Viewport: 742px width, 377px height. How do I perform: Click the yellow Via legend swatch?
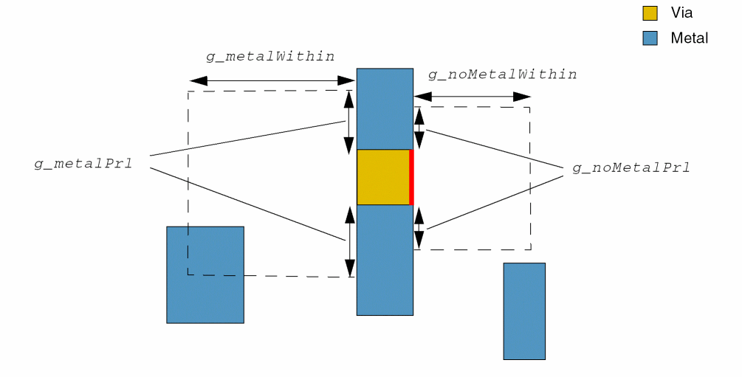650,13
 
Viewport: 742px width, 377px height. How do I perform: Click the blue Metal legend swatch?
650,38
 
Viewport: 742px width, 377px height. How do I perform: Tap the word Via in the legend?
681,13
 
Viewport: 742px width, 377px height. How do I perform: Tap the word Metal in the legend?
689,38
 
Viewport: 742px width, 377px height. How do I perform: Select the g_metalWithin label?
270,56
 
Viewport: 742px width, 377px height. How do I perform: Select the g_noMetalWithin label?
502,75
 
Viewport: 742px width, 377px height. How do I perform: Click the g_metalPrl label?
83,163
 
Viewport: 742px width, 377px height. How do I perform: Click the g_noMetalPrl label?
631,167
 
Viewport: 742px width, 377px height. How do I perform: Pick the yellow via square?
382,177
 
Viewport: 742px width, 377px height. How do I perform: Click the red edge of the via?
411,177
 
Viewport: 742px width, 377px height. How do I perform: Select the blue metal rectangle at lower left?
205,274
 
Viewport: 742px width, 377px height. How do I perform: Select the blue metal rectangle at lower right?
524,311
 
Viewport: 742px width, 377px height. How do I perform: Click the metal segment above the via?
385,109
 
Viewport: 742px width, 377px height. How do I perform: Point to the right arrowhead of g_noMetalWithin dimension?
523,97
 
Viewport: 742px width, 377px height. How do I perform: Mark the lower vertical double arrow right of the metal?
419,228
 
